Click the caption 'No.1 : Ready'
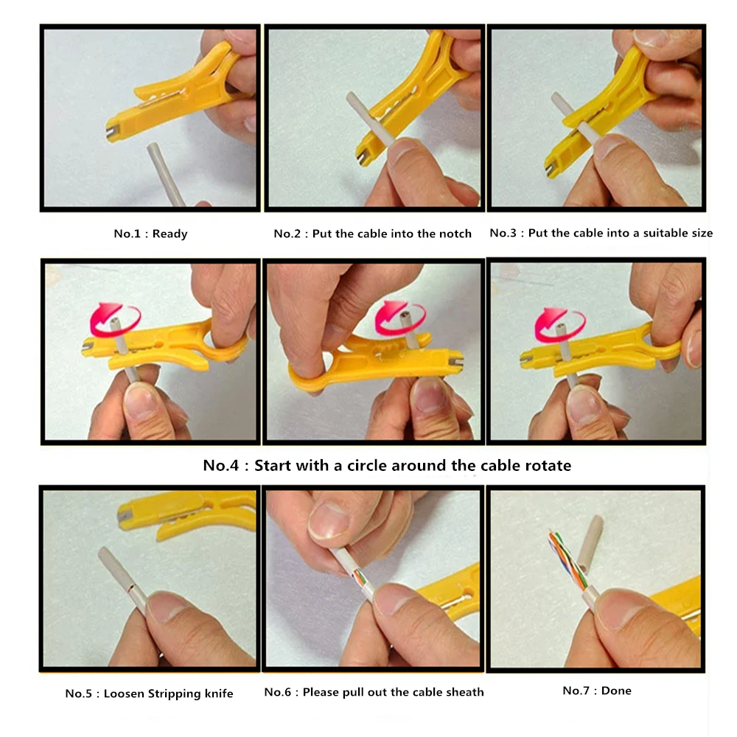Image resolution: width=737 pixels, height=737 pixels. (x=150, y=234)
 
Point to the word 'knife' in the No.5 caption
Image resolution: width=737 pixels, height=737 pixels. (x=218, y=694)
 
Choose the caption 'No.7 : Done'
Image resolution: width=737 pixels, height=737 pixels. (x=597, y=691)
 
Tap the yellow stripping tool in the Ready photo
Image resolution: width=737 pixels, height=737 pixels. (x=184, y=92)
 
